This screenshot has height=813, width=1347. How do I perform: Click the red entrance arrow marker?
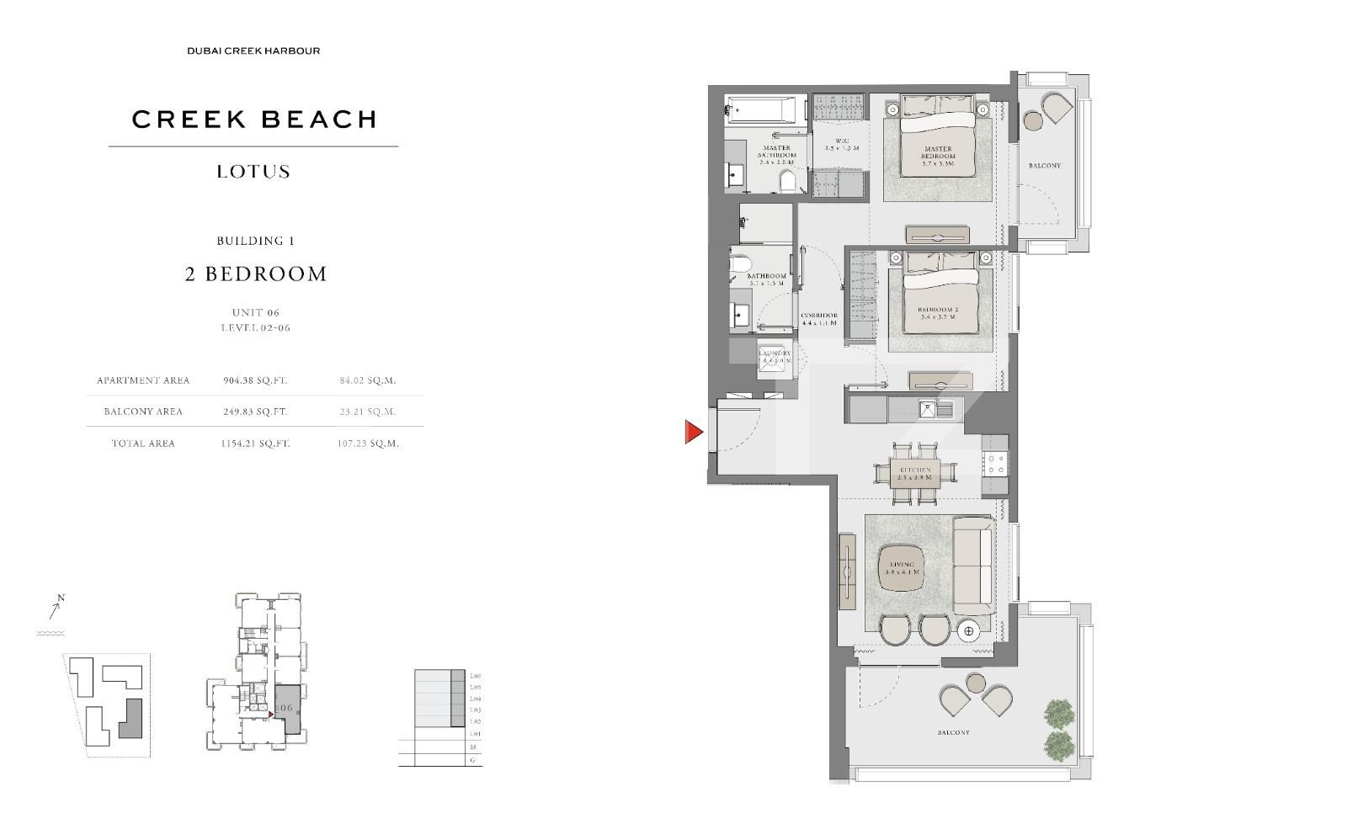[693, 433]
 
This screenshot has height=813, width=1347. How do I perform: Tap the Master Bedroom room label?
[938, 156]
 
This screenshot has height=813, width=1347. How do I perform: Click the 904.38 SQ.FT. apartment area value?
[255, 380]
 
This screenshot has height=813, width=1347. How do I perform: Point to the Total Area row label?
[143, 444]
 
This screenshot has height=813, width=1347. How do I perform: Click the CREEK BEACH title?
[253, 120]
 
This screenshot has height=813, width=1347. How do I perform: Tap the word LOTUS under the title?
[253, 172]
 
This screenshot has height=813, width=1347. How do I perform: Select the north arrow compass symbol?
[56, 608]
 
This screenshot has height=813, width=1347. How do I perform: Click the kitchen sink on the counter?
[928, 410]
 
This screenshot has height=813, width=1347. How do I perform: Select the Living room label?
[902, 568]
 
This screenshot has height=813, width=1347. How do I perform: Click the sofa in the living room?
[974, 566]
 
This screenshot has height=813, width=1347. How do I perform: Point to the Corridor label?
[818, 319]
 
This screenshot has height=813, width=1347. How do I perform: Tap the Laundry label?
[775, 357]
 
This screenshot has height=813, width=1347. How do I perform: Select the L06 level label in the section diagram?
[476, 676]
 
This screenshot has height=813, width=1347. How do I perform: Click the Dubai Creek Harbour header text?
[253, 51]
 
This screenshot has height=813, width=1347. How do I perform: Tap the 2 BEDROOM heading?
[256, 274]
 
